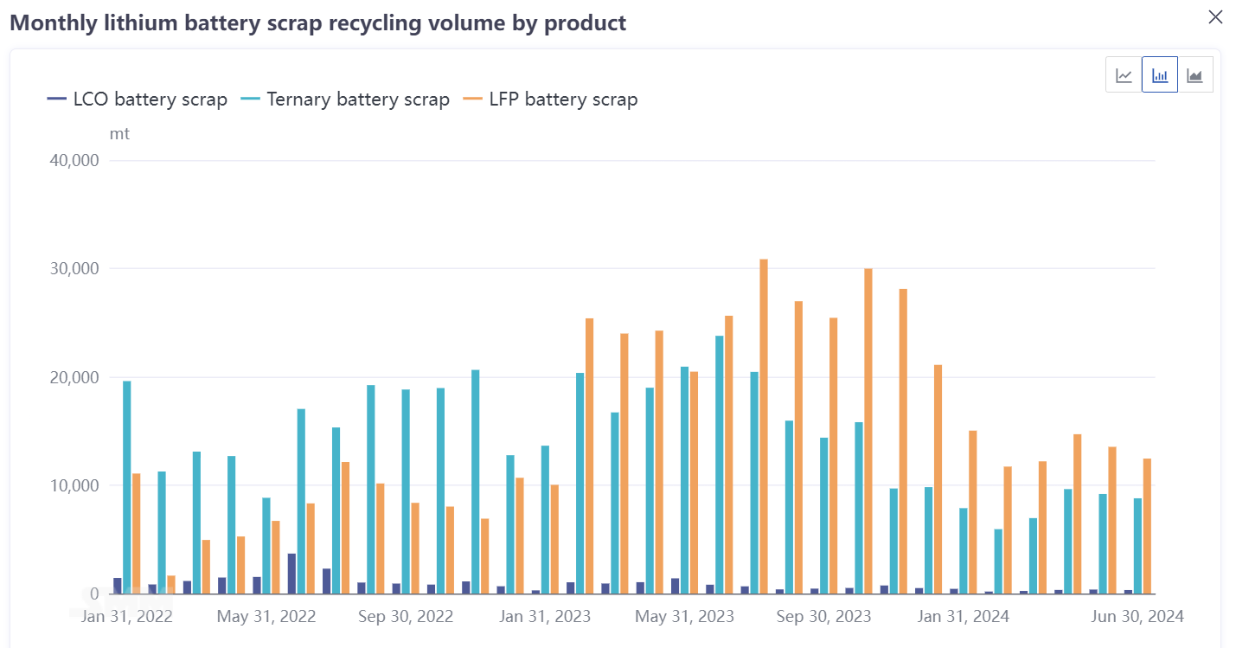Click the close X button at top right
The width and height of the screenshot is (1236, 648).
[x=1215, y=17]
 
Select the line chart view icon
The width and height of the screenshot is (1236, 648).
[x=1124, y=75]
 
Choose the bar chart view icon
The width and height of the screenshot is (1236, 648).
[x=1159, y=75]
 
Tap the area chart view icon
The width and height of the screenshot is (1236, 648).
[x=1194, y=75]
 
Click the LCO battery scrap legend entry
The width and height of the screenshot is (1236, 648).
[x=138, y=99]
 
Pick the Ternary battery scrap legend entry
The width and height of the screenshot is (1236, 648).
[x=345, y=99]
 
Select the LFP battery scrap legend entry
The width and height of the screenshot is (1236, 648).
[x=550, y=99]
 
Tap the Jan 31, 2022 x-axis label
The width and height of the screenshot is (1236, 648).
[x=127, y=617]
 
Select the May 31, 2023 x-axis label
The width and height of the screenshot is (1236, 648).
[x=684, y=617]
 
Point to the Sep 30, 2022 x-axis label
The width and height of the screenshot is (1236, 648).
[x=405, y=617]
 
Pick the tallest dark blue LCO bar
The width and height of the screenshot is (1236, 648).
[x=292, y=574]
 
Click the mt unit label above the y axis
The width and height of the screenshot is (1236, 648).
[x=119, y=134]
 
